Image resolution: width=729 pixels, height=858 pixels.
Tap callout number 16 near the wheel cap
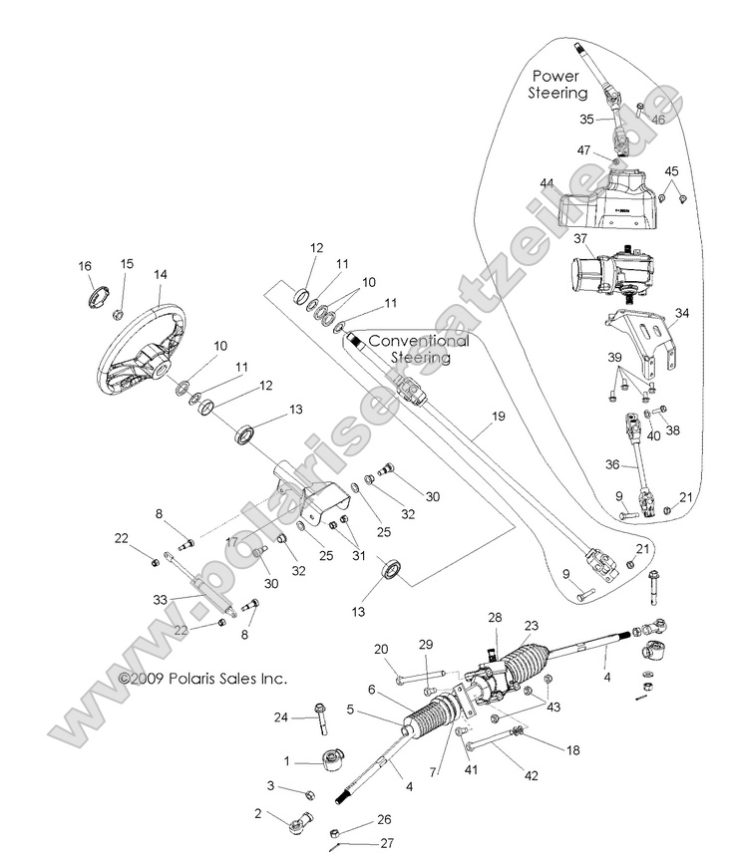pyautogui.click(x=85, y=266)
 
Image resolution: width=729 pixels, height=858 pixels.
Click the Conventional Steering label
pyautogui.click(x=418, y=348)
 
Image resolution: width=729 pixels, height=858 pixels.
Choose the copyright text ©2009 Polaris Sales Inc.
pyautogui.click(x=202, y=679)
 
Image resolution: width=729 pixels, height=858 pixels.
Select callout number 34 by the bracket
pyautogui.click(x=681, y=314)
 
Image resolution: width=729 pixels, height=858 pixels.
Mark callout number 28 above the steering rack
pyautogui.click(x=495, y=618)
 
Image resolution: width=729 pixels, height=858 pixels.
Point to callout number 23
pyautogui.click(x=532, y=626)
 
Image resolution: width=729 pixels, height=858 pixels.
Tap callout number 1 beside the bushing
pyautogui.click(x=287, y=762)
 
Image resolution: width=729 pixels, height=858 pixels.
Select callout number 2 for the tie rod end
pyautogui.click(x=257, y=813)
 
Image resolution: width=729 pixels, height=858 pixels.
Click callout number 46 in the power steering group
pyautogui.click(x=657, y=119)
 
